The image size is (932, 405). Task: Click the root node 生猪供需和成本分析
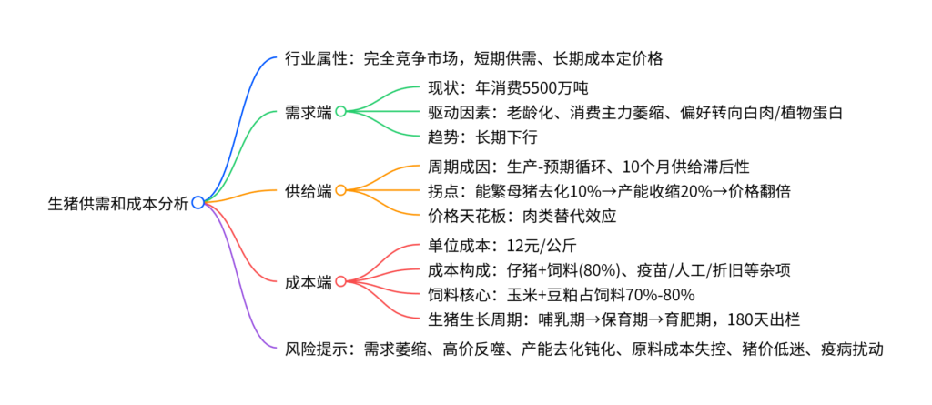pos(117,203)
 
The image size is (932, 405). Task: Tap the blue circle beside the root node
pos(198,203)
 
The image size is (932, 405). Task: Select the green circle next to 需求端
pos(340,111)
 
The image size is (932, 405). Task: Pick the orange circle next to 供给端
pos(340,190)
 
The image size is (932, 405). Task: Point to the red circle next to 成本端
pos(340,281)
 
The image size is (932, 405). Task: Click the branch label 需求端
pos(309,112)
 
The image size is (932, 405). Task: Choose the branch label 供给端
pos(309,191)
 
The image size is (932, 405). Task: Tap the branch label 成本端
pos(309,282)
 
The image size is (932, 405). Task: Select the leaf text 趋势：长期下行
pos(482,138)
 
